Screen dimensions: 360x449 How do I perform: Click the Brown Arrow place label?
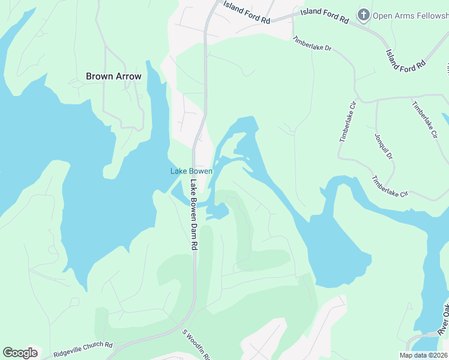click(x=113, y=76)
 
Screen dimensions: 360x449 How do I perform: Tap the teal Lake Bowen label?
click(x=191, y=171)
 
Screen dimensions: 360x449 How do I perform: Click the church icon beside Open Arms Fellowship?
click(x=363, y=15)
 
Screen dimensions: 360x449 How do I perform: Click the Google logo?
click(x=20, y=353)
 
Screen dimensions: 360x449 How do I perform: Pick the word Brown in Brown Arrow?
click(x=99, y=76)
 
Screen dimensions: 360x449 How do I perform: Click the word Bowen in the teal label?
click(x=200, y=171)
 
